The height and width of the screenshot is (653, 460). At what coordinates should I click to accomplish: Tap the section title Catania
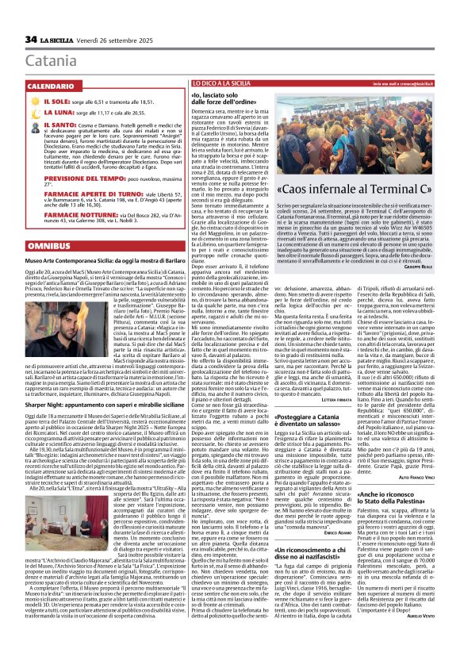tap(51, 60)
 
